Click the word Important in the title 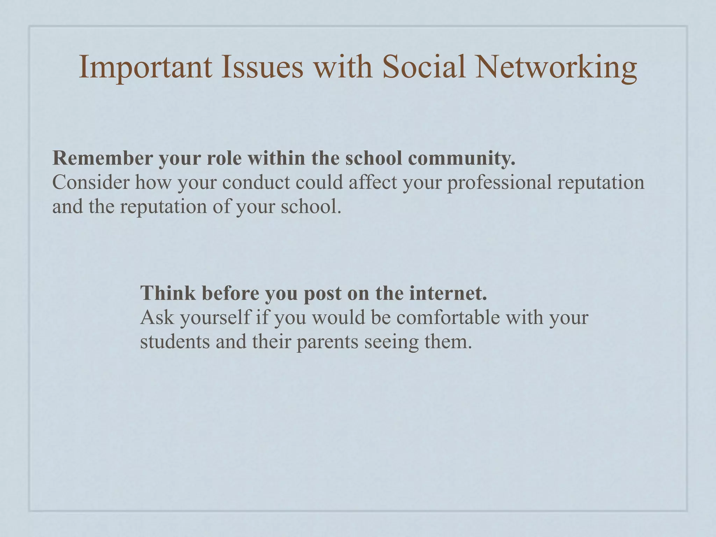tap(145, 67)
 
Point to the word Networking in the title tap(556, 67)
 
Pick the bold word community tap(461, 159)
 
